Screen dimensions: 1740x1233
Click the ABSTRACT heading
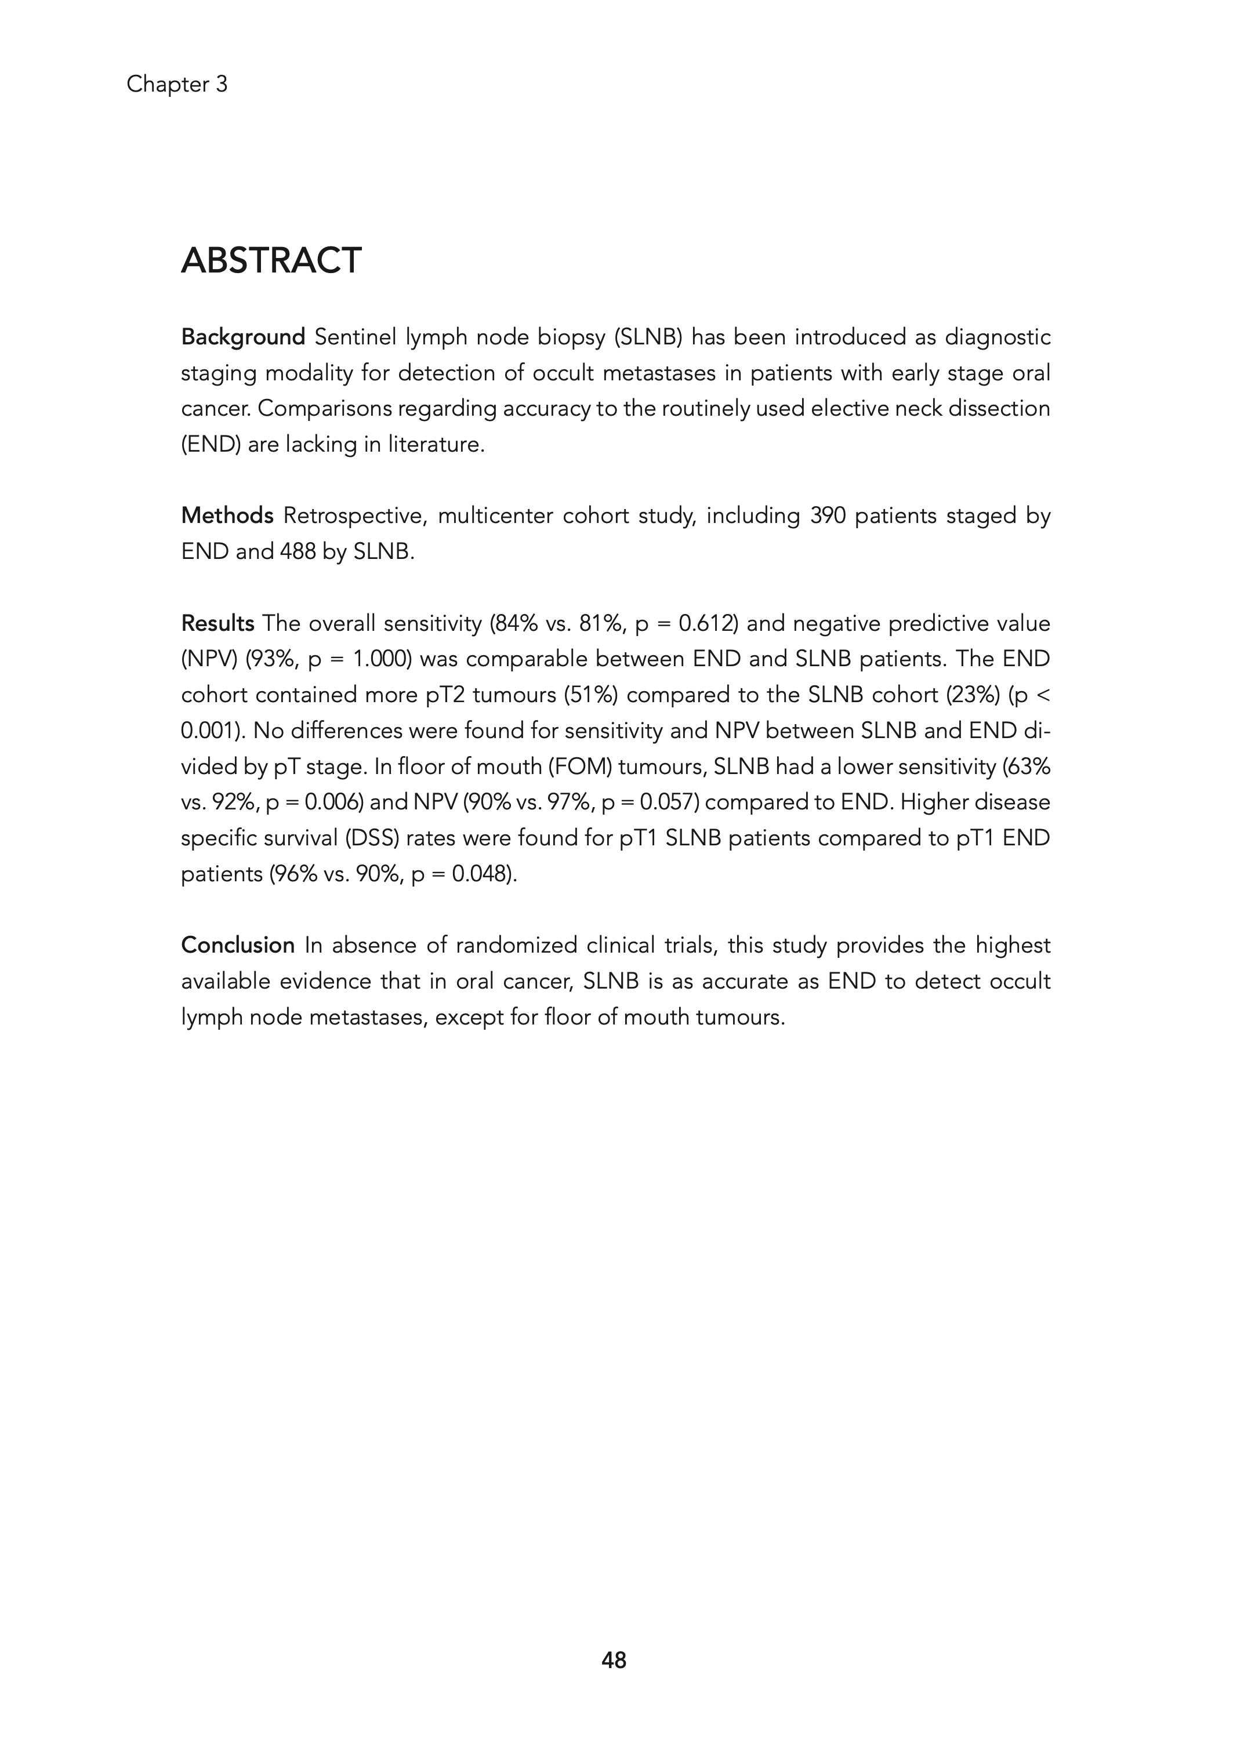point(271,261)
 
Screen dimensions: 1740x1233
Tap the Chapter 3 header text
point(177,84)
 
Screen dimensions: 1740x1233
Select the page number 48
point(614,1661)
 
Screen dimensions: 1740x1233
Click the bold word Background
point(243,337)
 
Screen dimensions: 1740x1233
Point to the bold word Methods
point(227,516)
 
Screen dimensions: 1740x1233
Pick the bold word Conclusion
point(238,946)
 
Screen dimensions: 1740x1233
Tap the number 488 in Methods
point(298,551)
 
